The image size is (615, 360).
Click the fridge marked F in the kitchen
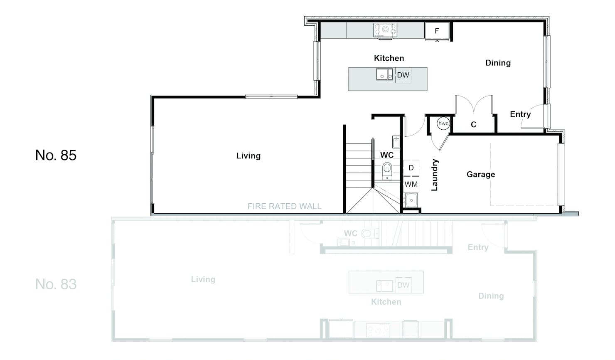click(437, 31)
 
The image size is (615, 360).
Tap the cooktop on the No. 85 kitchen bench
click(385, 30)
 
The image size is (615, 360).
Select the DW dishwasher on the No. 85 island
click(403, 75)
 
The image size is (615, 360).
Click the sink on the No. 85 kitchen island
click(384, 74)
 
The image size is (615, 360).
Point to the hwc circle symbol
click(443, 123)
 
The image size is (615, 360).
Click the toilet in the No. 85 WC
click(387, 171)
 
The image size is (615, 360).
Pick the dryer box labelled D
click(411, 168)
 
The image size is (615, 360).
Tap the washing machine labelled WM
click(411, 184)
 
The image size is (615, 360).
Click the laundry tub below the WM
click(411, 200)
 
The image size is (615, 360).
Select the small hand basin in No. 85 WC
click(396, 142)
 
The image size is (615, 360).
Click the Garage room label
click(481, 174)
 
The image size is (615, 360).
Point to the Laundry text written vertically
click(435, 175)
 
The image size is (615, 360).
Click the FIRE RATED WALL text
click(284, 206)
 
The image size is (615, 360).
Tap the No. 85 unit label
click(56, 155)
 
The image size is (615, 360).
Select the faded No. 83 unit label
click(56, 284)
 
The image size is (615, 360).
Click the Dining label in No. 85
click(498, 63)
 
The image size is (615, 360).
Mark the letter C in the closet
click(474, 125)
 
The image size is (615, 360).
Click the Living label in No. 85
click(248, 156)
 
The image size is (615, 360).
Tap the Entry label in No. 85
click(520, 114)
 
